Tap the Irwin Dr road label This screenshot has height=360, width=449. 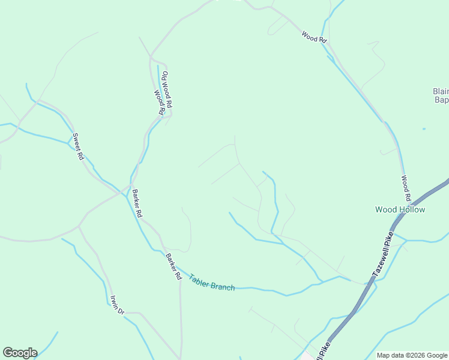point(116,305)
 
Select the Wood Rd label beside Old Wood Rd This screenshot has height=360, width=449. point(159,103)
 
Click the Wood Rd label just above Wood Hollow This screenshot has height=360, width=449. point(406,188)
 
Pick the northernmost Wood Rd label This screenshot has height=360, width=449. point(314,37)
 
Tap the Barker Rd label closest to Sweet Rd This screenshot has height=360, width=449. point(137,203)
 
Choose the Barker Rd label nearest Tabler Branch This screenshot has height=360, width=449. point(173,267)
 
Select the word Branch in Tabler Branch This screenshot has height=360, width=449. point(223,286)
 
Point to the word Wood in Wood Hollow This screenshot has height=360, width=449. point(385,209)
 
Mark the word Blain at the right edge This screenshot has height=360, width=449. point(441,92)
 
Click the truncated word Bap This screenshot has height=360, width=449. point(441,100)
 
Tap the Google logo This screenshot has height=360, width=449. point(20,353)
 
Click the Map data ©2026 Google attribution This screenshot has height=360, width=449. point(412,355)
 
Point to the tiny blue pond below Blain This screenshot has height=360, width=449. point(424,129)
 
